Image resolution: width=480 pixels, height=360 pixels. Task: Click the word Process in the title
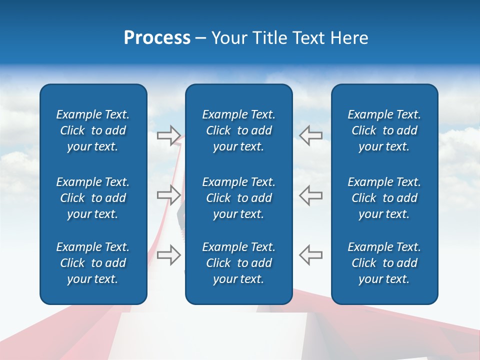[157, 38]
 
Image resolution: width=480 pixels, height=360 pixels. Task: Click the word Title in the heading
[270, 38]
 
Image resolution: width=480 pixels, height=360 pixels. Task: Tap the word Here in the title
[349, 38]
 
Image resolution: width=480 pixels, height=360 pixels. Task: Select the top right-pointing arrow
[169, 135]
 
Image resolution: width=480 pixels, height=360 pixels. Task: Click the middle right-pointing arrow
[169, 195]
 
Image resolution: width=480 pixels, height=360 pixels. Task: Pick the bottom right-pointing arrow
[169, 254]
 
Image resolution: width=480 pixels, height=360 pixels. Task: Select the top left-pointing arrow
[311, 135]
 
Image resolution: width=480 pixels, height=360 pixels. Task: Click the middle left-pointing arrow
[311, 195]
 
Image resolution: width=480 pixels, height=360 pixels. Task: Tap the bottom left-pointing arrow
[311, 254]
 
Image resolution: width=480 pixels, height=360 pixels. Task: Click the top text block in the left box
[93, 130]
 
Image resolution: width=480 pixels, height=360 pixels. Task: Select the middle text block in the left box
[93, 198]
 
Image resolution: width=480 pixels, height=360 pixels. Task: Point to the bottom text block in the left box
[93, 263]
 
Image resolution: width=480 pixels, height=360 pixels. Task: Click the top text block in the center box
[238, 130]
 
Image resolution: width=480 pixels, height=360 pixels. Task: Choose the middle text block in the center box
[238, 198]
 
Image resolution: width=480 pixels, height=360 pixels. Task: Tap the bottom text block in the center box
[238, 263]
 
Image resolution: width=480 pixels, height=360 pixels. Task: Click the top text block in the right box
[384, 130]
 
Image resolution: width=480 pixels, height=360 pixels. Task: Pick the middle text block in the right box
[384, 198]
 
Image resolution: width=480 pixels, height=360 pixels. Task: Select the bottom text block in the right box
[384, 263]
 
